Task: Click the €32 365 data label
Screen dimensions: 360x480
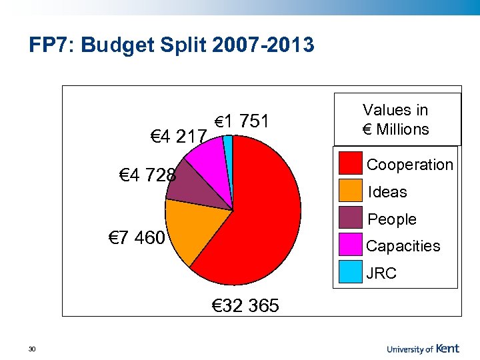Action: tap(245, 306)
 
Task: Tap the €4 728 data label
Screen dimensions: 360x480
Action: tap(147, 176)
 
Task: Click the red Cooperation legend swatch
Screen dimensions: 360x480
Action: tap(351, 164)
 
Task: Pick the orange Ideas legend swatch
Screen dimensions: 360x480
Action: tap(351, 191)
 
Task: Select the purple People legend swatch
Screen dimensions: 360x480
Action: tap(351, 219)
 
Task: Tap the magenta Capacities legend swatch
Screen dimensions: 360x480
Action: tap(351, 246)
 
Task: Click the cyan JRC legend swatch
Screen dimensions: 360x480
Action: tap(351, 273)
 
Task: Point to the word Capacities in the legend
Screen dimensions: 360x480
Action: tap(403, 246)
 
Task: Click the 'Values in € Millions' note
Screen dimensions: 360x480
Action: tap(395, 119)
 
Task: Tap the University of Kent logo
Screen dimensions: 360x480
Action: tap(423, 348)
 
